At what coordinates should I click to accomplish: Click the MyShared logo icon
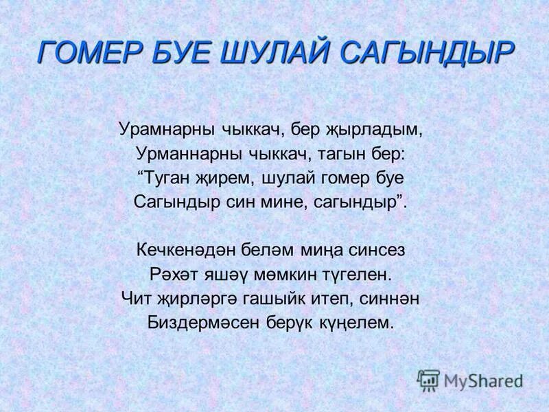429,380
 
